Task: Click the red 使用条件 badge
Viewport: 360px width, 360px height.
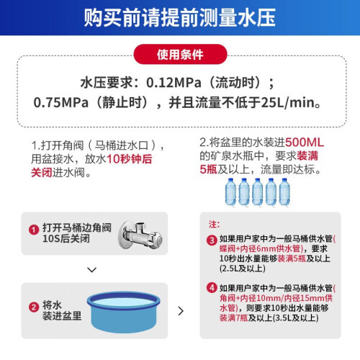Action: pyautogui.click(x=180, y=54)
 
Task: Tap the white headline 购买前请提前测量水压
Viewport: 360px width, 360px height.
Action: pyautogui.click(x=180, y=17)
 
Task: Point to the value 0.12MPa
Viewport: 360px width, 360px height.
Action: pyautogui.click(x=174, y=83)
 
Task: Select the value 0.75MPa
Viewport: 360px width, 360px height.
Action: pyautogui.click(x=60, y=102)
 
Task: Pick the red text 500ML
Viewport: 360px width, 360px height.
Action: pyautogui.click(x=305, y=143)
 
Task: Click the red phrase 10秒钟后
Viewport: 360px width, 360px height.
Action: pyautogui.click(x=130, y=159)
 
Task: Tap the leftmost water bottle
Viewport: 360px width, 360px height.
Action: pyautogui.click(x=230, y=192)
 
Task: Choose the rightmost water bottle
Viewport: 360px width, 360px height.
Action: pyautogui.click(x=284, y=192)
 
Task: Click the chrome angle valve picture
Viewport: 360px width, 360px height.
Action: pyautogui.click(x=140, y=234)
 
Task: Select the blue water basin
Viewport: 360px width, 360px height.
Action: pyautogui.click(x=123, y=312)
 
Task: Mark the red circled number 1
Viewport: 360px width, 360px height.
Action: pyautogui.click(x=34, y=230)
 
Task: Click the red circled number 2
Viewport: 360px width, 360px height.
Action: pyautogui.click(x=34, y=307)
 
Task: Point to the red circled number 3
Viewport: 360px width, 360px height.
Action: pyautogui.click(x=212, y=240)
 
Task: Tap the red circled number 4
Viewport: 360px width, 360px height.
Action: pyautogui.click(x=212, y=287)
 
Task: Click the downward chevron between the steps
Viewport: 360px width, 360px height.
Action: pyautogui.click(x=92, y=270)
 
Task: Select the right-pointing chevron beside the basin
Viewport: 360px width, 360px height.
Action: pyautogui.click(x=181, y=311)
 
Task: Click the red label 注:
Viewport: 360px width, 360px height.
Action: pyautogui.click(x=214, y=225)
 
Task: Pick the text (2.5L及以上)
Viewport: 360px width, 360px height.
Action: pyautogui.click(x=243, y=269)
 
